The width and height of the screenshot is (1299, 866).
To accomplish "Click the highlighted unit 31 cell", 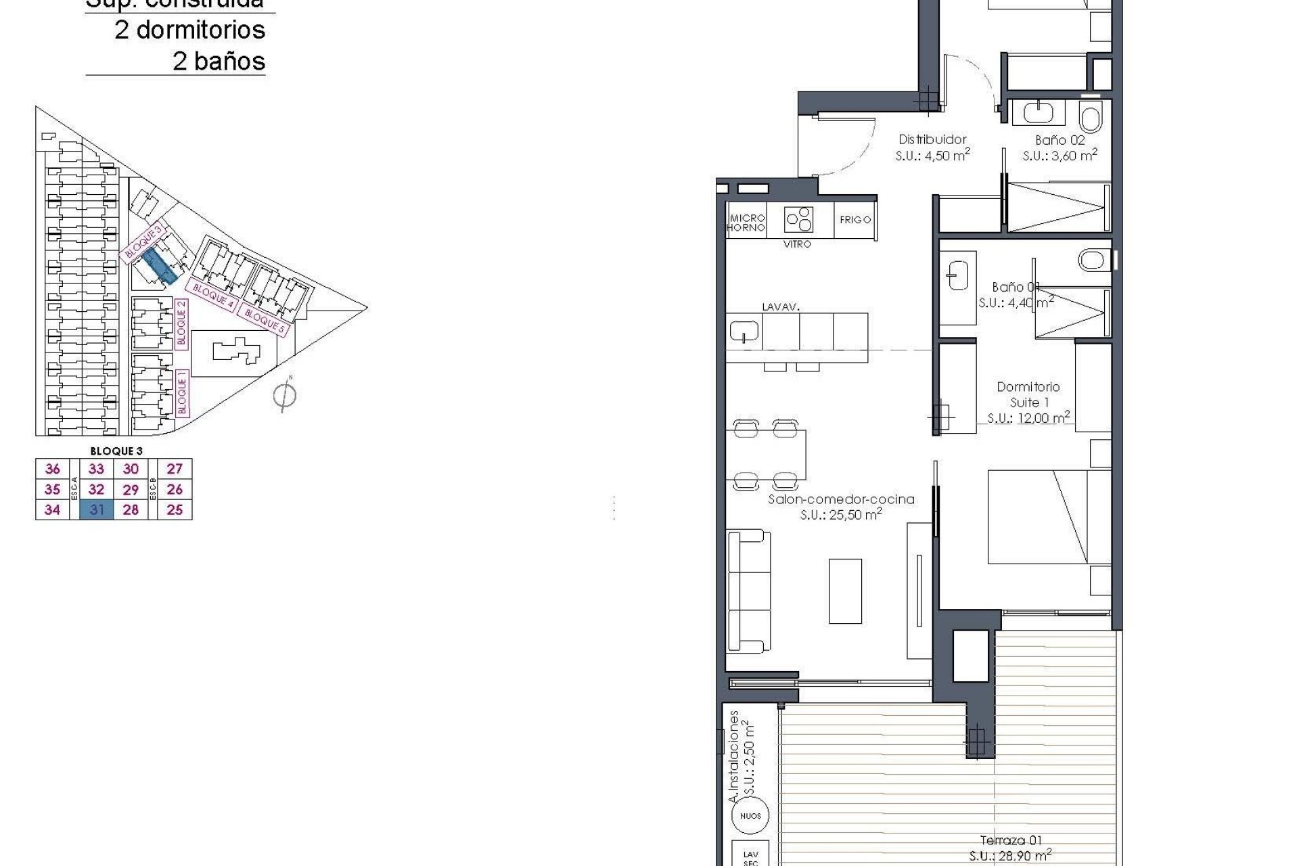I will (96, 509).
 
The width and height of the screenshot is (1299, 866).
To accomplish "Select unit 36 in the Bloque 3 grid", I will (52, 469).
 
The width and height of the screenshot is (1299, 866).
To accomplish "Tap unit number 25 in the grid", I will (175, 509).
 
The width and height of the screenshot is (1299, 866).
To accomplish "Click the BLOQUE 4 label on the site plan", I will (212, 296).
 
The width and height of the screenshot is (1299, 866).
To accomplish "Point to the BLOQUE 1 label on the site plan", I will (181, 392).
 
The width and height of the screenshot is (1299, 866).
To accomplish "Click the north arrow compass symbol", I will (285, 395).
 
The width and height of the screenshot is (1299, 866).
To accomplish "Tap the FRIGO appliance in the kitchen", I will (854, 220).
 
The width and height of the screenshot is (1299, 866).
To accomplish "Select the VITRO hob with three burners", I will (799, 219).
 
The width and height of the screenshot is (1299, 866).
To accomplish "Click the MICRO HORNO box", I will (746, 223).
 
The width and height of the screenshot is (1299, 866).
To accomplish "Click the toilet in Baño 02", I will (1091, 119).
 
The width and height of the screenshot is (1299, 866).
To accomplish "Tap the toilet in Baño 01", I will (1091, 259).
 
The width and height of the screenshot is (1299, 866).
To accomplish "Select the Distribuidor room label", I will (932, 139).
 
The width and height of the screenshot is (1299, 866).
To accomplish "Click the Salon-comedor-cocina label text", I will (841, 499).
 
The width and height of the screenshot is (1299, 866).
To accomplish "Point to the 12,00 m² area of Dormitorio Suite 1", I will (1028, 418).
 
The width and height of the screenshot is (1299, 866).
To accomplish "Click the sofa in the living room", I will (748, 591).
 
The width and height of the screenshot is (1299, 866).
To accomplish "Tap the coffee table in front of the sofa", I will (845, 591).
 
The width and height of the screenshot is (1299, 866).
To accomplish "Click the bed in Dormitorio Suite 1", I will (1048, 517).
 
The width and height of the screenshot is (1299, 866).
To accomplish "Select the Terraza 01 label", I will (1011, 840).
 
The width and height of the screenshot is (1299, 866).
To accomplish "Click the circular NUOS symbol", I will (750, 816).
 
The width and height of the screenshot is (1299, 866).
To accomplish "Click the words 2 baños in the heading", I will (219, 62).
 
